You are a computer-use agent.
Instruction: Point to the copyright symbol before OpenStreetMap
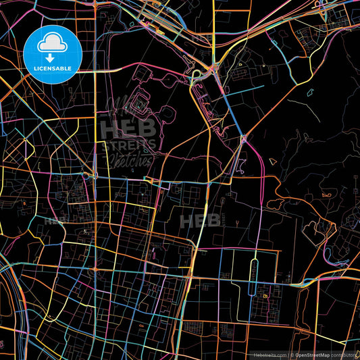tap(291, 354)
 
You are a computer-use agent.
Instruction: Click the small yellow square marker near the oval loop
tap(265, 296)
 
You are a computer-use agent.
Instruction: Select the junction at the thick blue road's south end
tap(243, 138)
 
